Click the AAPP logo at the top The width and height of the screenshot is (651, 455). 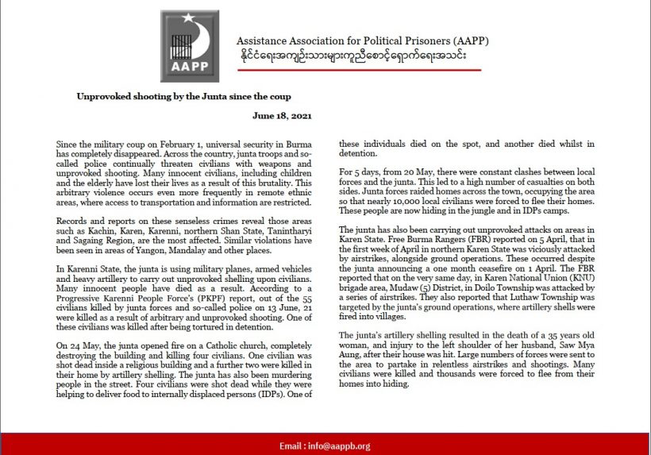tap(190, 45)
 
